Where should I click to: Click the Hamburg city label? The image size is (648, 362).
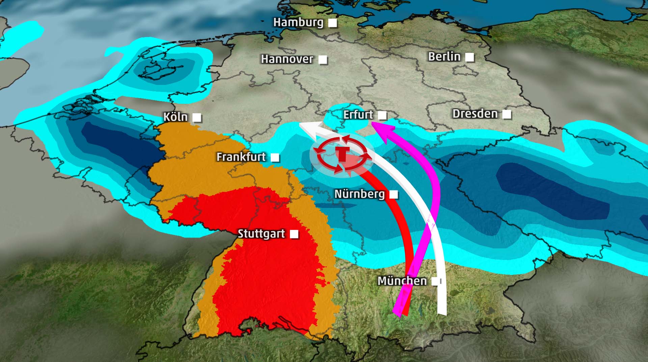(298, 23)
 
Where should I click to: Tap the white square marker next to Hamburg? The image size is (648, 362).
(333, 23)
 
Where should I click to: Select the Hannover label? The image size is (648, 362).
(287, 59)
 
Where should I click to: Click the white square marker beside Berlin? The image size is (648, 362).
(469, 57)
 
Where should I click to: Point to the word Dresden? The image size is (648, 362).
(475, 114)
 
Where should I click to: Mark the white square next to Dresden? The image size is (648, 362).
(507, 115)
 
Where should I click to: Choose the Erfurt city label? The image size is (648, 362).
(358, 115)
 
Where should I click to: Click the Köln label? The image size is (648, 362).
(175, 117)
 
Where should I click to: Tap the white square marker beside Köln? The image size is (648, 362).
(197, 118)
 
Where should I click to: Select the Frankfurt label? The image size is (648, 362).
(241, 157)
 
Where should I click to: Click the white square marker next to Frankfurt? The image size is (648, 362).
(275, 157)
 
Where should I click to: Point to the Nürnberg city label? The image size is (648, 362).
(359, 194)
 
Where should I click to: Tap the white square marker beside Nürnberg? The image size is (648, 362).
(394, 194)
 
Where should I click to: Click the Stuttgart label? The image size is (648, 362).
(261, 234)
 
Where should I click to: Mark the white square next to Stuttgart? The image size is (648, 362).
(294, 234)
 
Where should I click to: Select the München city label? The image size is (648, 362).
(402, 281)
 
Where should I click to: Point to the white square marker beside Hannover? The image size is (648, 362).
(323, 60)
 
